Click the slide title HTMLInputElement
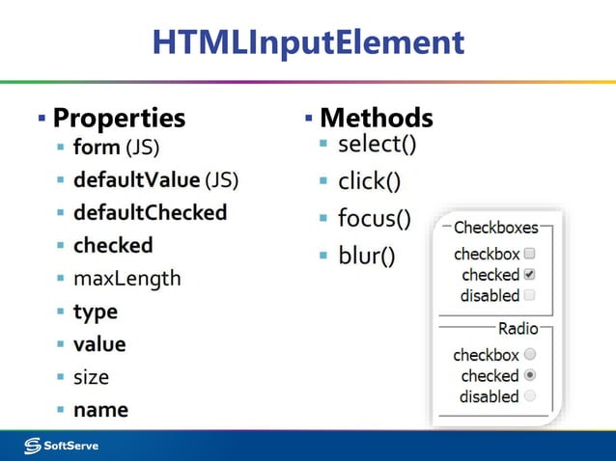tap(308, 42)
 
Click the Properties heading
tap(118, 118)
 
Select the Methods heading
tap(376, 118)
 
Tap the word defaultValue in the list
tap(137, 179)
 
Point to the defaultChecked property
tap(150, 212)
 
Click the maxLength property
tap(126, 279)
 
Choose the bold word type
tap(96, 312)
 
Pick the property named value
tap(99, 344)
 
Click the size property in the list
tap(91, 377)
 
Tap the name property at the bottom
tap(100, 410)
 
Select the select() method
tap(377, 146)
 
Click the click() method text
tap(370, 181)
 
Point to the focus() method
tap(374, 219)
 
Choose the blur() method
tap(366, 256)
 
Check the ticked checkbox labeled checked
tap(529, 275)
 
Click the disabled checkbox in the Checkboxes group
tap(529, 295)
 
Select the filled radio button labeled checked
tap(529, 375)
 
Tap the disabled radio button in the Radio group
tap(529, 396)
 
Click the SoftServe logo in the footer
tap(62, 445)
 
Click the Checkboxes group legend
tap(495, 229)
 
